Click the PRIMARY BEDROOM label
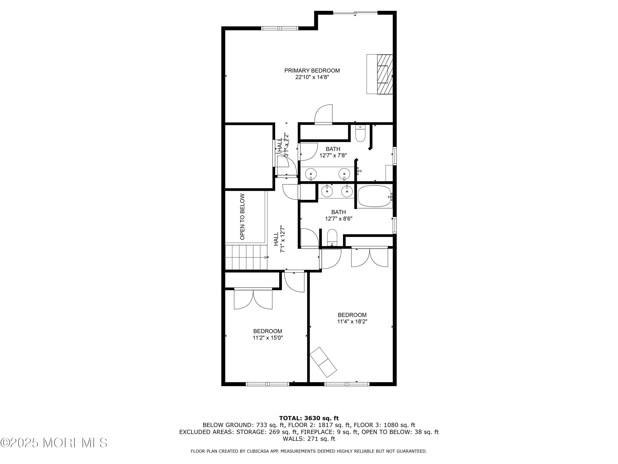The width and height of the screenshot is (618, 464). (312, 71)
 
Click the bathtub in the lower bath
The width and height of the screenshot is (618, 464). (374, 196)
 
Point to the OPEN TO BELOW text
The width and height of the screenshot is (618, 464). (242, 217)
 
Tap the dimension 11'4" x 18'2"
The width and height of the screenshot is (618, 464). (352, 321)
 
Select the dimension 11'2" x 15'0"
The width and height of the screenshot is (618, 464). (268, 338)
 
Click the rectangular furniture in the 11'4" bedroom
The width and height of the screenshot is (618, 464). (323, 362)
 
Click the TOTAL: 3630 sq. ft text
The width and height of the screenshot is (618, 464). (309, 418)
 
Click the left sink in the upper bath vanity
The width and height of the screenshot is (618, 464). (311, 174)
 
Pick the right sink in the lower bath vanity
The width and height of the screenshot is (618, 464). (347, 191)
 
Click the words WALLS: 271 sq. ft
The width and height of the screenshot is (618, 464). (309, 439)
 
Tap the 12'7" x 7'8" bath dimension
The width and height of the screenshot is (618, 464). (333, 155)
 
